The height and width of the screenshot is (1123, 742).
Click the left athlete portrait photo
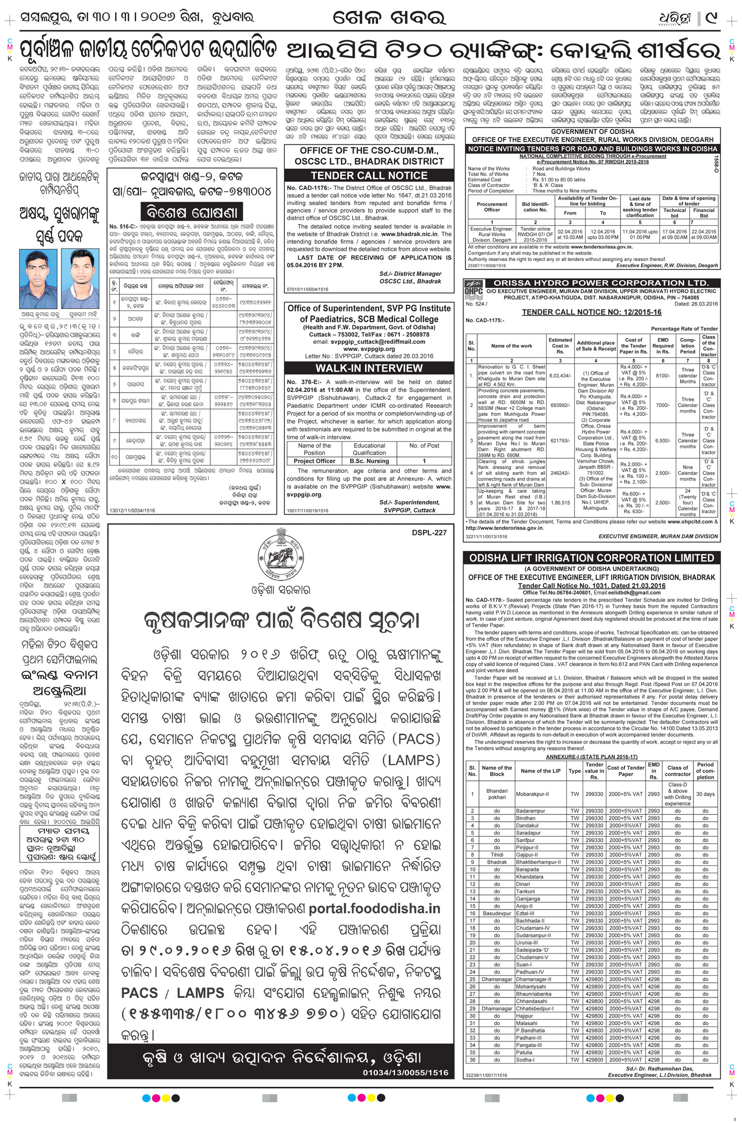point(38,279)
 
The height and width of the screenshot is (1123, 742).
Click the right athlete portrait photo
point(81,279)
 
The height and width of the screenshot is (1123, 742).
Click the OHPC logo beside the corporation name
point(473,291)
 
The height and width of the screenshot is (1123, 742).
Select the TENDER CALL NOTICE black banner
point(369,175)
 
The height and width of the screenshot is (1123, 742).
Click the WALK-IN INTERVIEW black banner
point(369,368)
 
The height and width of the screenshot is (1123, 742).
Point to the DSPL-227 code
point(428,532)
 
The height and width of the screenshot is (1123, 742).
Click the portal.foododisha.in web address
point(374,908)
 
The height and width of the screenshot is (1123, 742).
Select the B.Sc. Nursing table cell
point(369,461)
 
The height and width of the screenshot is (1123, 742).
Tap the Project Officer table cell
point(314,461)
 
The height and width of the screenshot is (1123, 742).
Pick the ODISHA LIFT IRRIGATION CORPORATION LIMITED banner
point(592,558)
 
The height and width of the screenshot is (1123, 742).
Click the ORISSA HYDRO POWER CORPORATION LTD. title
point(601,283)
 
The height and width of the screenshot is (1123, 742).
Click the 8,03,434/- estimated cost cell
point(560,375)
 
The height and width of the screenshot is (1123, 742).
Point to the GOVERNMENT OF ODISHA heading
point(592,131)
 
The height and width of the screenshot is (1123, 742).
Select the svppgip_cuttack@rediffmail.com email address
point(369,342)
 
